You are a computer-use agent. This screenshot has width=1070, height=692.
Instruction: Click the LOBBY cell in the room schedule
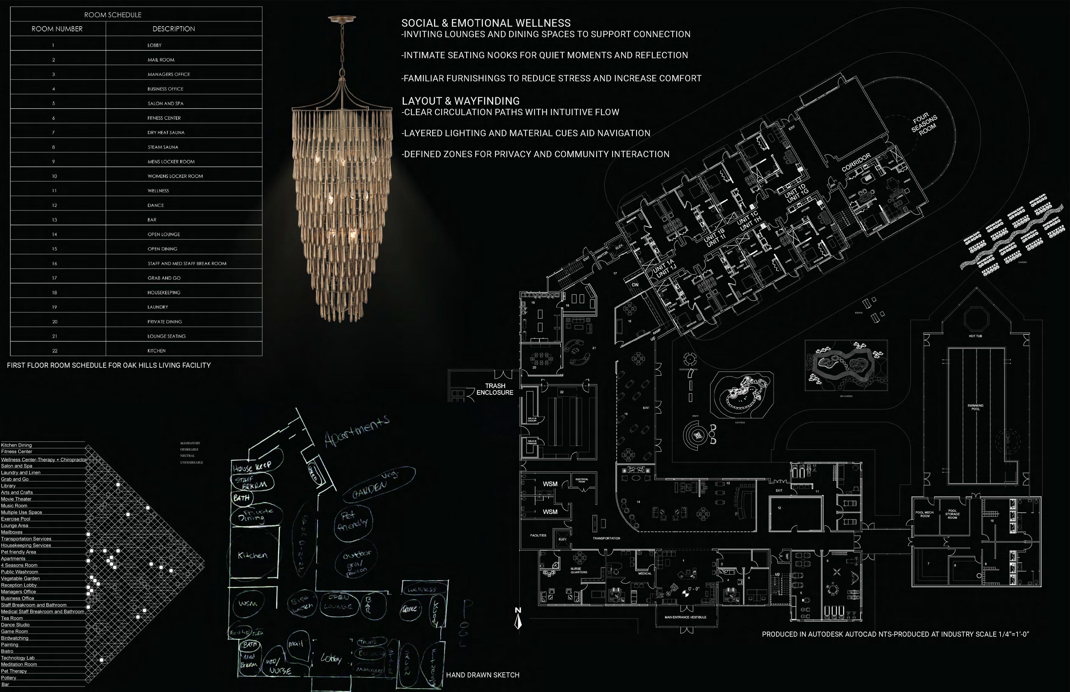(x=154, y=45)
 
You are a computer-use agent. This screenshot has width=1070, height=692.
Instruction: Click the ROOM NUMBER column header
(x=57, y=29)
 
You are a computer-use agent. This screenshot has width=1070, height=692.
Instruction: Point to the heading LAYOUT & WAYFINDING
(x=460, y=101)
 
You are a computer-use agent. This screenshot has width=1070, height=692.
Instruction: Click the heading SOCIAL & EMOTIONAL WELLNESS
(x=486, y=23)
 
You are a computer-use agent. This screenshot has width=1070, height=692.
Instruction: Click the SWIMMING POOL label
(x=975, y=407)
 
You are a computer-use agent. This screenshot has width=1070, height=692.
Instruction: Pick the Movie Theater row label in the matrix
(x=16, y=499)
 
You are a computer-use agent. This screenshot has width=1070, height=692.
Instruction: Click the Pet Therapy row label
(x=14, y=671)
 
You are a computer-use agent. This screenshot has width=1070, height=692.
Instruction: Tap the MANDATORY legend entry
(x=190, y=443)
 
